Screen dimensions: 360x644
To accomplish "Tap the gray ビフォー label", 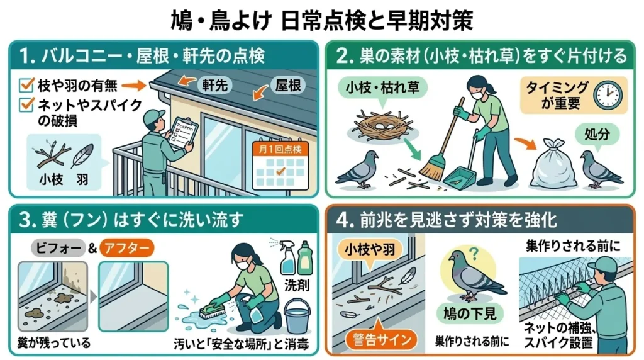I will tap(58, 247).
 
